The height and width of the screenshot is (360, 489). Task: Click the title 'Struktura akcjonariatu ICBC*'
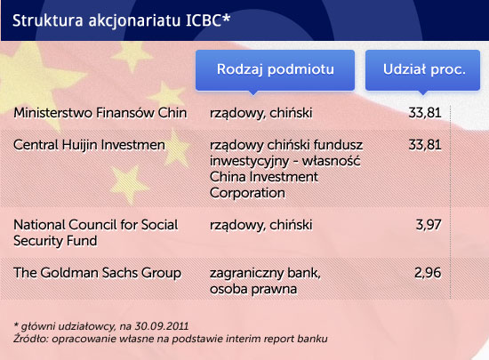point(121,20)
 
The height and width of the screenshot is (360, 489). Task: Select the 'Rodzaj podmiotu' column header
point(275,70)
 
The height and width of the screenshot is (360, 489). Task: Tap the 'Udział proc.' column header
point(422,70)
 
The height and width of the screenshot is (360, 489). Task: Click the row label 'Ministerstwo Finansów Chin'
point(100,113)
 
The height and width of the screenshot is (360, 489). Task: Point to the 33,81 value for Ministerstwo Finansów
point(425,113)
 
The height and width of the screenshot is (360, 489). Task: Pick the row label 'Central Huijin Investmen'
point(89,145)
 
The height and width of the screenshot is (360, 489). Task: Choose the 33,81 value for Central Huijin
point(425,145)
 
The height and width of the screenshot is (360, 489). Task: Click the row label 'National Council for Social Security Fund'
point(96,233)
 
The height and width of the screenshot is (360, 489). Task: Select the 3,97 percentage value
point(429,225)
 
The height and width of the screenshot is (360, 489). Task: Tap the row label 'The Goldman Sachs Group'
point(97,273)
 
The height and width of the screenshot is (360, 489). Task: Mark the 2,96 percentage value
point(428,273)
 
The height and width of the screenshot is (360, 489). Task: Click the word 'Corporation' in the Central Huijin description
point(247,193)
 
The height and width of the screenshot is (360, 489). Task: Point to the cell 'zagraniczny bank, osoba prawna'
point(266,281)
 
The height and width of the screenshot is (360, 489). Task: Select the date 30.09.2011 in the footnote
point(162,326)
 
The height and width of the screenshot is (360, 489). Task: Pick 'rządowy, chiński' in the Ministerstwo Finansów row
point(261,113)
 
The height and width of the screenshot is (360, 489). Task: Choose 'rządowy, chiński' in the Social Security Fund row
point(261,225)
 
